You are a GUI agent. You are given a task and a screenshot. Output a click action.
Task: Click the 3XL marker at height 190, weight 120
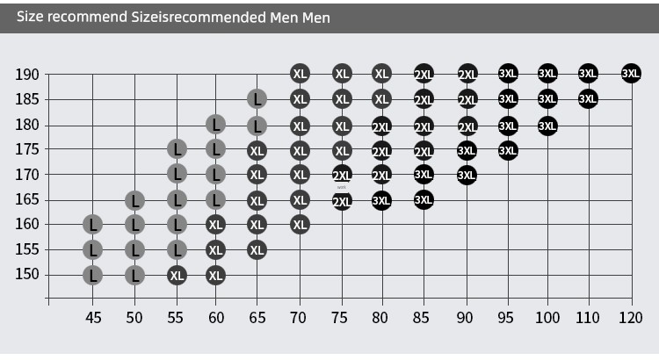pyautogui.click(x=631, y=74)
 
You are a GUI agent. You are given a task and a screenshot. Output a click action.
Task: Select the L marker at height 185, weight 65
pyautogui.click(x=257, y=99)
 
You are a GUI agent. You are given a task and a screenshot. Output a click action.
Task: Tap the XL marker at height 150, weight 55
pyautogui.click(x=177, y=275)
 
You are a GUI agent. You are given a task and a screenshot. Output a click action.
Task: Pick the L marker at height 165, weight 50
pyautogui.click(x=135, y=200)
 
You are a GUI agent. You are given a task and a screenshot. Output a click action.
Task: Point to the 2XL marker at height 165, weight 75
pyautogui.click(x=342, y=201)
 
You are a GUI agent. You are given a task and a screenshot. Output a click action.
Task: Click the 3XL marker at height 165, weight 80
pyautogui.click(x=381, y=201)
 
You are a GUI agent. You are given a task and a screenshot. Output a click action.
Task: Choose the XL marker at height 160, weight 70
pyautogui.click(x=300, y=225)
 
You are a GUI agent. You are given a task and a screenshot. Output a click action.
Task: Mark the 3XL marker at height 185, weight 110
pyautogui.click(x=588, y=98)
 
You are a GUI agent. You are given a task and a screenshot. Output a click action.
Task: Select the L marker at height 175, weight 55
pyautogui.click(x=177, y=149)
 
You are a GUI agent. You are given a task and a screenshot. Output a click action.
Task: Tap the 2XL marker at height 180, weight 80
pyautogui.click(x=381, y=126)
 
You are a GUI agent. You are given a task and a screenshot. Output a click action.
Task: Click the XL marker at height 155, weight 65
pyautogui.click(x=257, y=250)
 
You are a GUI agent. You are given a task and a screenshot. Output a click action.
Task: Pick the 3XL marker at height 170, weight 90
pyautogui.click(x=467, y=175)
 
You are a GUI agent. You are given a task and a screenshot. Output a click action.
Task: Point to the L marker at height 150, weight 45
pyautogui.click(x=93, y=275)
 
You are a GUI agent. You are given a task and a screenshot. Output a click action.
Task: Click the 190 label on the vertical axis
pyautogui.click(x=27, y=75)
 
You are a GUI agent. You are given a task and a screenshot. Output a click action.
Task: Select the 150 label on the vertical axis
pyautogui.click(x=27, y=274)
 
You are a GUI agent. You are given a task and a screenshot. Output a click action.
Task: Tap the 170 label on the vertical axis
pyautogui.click(x=27, y=174)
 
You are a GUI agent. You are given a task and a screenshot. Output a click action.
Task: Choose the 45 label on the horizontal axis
pyautogui.click(x=93, y=318)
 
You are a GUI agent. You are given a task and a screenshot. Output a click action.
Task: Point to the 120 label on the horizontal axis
pyautogui.click(x=630, y=318)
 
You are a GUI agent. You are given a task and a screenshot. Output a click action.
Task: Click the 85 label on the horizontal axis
pyautogui.click(x=421, y=318)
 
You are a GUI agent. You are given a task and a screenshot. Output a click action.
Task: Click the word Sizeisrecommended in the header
pyautogui.click(x=199, y=18)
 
